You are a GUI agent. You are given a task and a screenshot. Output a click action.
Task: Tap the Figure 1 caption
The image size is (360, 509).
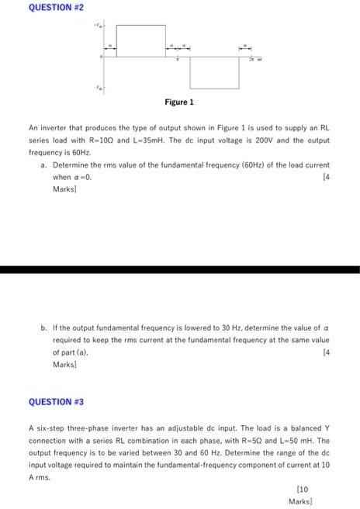pyautogui.click(x=179, y=102)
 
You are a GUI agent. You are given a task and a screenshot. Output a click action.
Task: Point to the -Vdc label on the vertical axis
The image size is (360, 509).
pyautogui.click(x=97, y=88)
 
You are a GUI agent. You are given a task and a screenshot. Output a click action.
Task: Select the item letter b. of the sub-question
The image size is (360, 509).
pyautogui.click(x=44, y=328)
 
